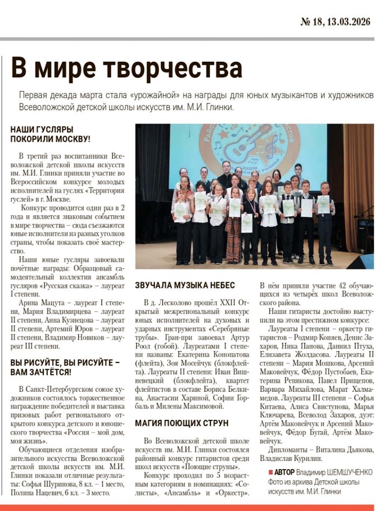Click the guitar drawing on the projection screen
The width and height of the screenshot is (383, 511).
click(x=243, y=147)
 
